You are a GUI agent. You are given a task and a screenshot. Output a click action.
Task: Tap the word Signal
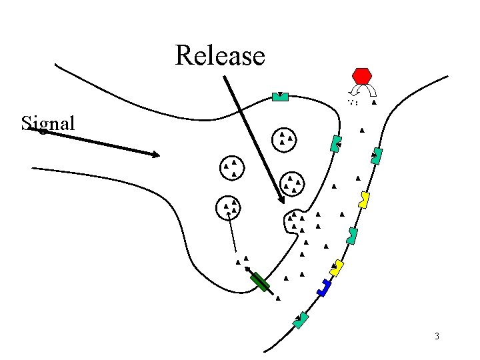[48, 123]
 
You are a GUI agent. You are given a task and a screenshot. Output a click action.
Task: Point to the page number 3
[437, 335]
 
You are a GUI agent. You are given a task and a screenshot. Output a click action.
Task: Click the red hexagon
[361, 75]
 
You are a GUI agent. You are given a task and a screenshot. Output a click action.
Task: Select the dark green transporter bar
[260, 282]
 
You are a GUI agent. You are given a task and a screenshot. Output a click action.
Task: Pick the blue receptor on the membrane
[325, 287]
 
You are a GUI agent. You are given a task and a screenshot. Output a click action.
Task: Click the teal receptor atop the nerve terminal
[281, 97]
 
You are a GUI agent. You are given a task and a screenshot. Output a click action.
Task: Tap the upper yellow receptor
[364, 199]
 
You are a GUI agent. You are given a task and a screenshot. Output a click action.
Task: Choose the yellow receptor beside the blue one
[337, 267]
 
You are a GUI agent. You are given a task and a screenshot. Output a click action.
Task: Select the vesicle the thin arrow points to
[228, 207]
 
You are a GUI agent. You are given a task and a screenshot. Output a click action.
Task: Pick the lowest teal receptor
[302, 320]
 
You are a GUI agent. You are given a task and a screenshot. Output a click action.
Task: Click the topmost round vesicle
[285, 139]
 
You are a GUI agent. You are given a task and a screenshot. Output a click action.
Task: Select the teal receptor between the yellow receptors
[352, 235]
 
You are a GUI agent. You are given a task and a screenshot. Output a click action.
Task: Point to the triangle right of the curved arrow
[374, 103]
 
